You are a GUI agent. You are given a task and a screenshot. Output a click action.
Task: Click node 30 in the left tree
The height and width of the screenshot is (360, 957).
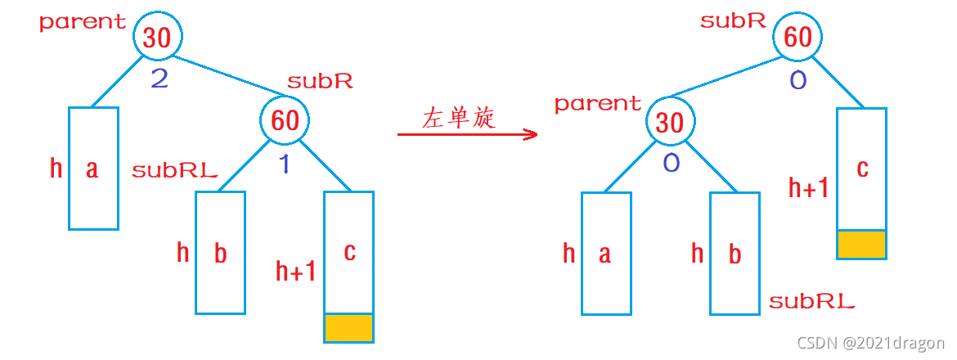pos(157,38)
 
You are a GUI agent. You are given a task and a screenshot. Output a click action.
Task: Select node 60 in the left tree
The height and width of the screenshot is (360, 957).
pos(285,121)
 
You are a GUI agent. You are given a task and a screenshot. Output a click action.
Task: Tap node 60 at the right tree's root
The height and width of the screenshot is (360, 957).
pos(798,38)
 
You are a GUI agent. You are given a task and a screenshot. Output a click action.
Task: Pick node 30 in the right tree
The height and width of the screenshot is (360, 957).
pos(670,123)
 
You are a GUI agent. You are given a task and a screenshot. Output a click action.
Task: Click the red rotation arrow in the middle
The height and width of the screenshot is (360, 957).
pos(467,134)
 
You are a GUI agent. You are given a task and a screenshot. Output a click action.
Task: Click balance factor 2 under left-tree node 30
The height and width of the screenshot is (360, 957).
pos(159,79)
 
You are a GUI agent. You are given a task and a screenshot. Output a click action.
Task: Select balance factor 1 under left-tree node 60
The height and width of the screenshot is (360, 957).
pos(285,164)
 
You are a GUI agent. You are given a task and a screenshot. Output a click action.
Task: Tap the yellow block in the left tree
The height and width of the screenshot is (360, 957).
pos(349,328)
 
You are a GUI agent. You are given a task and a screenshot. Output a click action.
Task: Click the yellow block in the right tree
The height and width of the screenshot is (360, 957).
pos(861,245)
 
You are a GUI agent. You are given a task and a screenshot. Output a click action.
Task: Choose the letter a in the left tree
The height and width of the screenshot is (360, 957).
pos(92,169)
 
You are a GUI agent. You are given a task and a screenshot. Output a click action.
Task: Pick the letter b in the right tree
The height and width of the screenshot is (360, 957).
pos(735,254)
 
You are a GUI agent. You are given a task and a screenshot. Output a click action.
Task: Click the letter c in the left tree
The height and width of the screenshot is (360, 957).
pos(349,252)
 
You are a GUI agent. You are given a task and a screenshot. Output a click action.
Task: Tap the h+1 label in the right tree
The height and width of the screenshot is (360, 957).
pos(808,188)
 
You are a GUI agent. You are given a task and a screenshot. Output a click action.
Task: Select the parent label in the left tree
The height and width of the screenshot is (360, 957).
pos(83,22)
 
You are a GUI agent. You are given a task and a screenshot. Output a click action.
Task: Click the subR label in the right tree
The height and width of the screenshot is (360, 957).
pos(733,21)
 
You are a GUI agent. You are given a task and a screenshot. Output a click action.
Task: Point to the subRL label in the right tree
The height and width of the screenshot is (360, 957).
pos(811,302)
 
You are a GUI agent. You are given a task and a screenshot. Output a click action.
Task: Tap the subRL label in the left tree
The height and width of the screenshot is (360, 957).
pos(174,171)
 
